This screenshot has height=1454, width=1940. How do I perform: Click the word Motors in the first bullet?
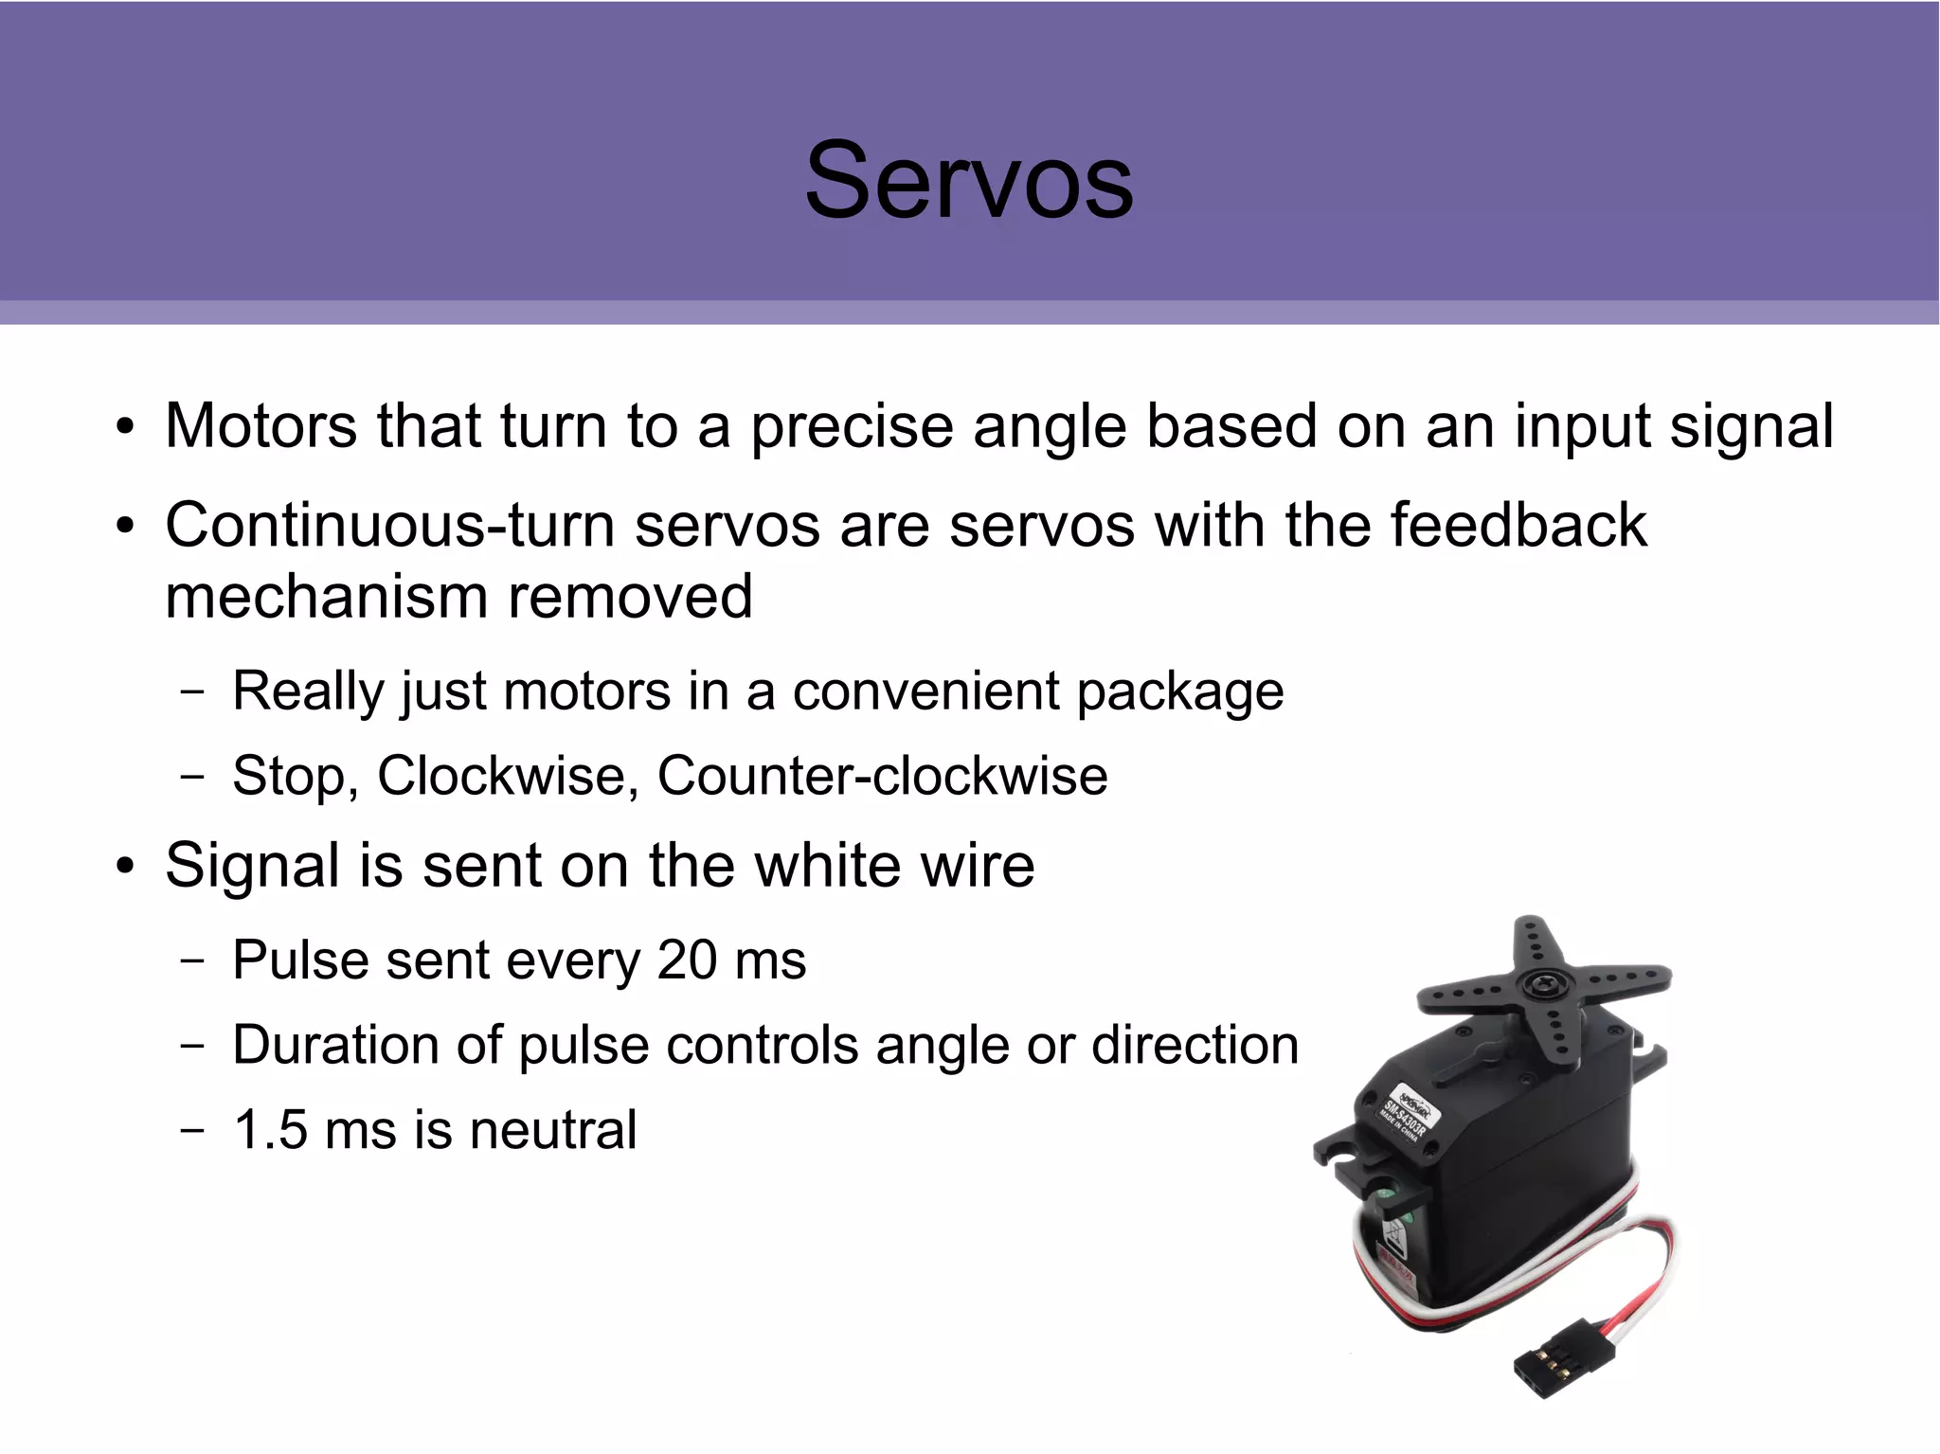260,426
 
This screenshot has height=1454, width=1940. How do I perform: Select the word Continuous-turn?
389,525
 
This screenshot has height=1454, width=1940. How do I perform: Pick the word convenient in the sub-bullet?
925,691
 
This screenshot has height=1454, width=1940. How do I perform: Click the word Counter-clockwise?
882,776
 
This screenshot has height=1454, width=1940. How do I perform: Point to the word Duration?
335,1045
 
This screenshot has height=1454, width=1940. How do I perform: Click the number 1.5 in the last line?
270,1130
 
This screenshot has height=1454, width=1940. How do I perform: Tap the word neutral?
553,1130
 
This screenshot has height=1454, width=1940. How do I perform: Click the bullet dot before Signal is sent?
125,867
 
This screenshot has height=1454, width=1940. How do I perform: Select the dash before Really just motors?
192,691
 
